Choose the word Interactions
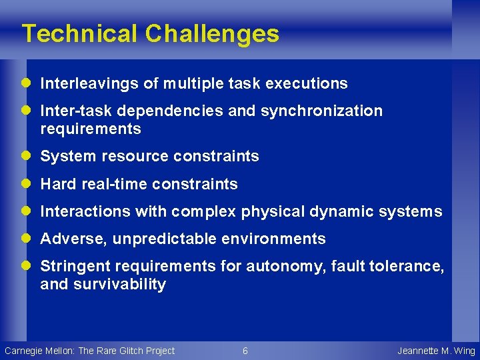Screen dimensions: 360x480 click(x=85, y=212)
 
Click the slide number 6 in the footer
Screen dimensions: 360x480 click(x=245, y=351)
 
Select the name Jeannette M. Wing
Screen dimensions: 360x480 click(x=436, y=351)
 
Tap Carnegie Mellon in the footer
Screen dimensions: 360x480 click(x=39, y=351)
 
